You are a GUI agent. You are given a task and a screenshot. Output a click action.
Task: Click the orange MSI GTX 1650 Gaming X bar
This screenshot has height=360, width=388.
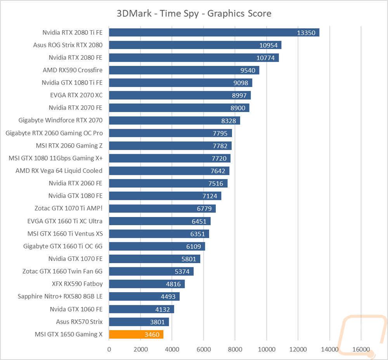click(136, 334)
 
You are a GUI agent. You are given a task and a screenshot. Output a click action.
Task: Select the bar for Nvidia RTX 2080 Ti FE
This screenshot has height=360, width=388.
click(214, 33)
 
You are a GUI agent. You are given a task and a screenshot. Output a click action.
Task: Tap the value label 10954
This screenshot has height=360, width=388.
click(268, 45)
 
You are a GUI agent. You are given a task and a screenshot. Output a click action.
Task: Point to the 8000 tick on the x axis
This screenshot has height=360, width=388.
click(235, 349)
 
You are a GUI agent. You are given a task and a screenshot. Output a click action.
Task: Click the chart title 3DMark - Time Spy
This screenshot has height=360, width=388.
click(158, 14)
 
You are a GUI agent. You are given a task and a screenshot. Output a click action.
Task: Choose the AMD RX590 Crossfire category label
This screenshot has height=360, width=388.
click(73, 70)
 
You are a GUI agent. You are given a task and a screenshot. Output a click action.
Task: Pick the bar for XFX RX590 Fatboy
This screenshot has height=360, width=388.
click(147, 284)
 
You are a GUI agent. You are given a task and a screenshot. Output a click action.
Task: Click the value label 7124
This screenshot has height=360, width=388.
click(210, 196)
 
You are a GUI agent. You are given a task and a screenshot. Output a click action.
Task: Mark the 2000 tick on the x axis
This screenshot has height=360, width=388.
click(140, 349)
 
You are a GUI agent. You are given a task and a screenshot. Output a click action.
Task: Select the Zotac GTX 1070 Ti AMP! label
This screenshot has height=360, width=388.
click(69, 208)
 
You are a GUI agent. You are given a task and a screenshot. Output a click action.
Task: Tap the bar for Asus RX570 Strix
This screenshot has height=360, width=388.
click(139, 322)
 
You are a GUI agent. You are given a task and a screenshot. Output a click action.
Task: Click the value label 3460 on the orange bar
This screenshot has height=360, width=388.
click(152, 334)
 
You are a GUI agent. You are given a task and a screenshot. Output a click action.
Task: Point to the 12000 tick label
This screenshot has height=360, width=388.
click(298, 349)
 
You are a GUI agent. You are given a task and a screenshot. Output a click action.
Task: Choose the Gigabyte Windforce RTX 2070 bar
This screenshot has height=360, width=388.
click(175, 121)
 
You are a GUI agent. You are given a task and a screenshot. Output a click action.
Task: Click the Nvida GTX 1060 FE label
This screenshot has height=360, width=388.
click(76, 309)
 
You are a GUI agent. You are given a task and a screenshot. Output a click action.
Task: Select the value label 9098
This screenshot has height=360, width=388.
click(241, 83)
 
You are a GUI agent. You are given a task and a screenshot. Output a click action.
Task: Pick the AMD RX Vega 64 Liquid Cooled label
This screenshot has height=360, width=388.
click(59, 171)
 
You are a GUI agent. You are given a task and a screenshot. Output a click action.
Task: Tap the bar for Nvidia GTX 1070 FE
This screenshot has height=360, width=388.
click(155, 259)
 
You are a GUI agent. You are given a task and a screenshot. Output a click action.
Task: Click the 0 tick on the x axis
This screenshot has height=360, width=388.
click(109, 349)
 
